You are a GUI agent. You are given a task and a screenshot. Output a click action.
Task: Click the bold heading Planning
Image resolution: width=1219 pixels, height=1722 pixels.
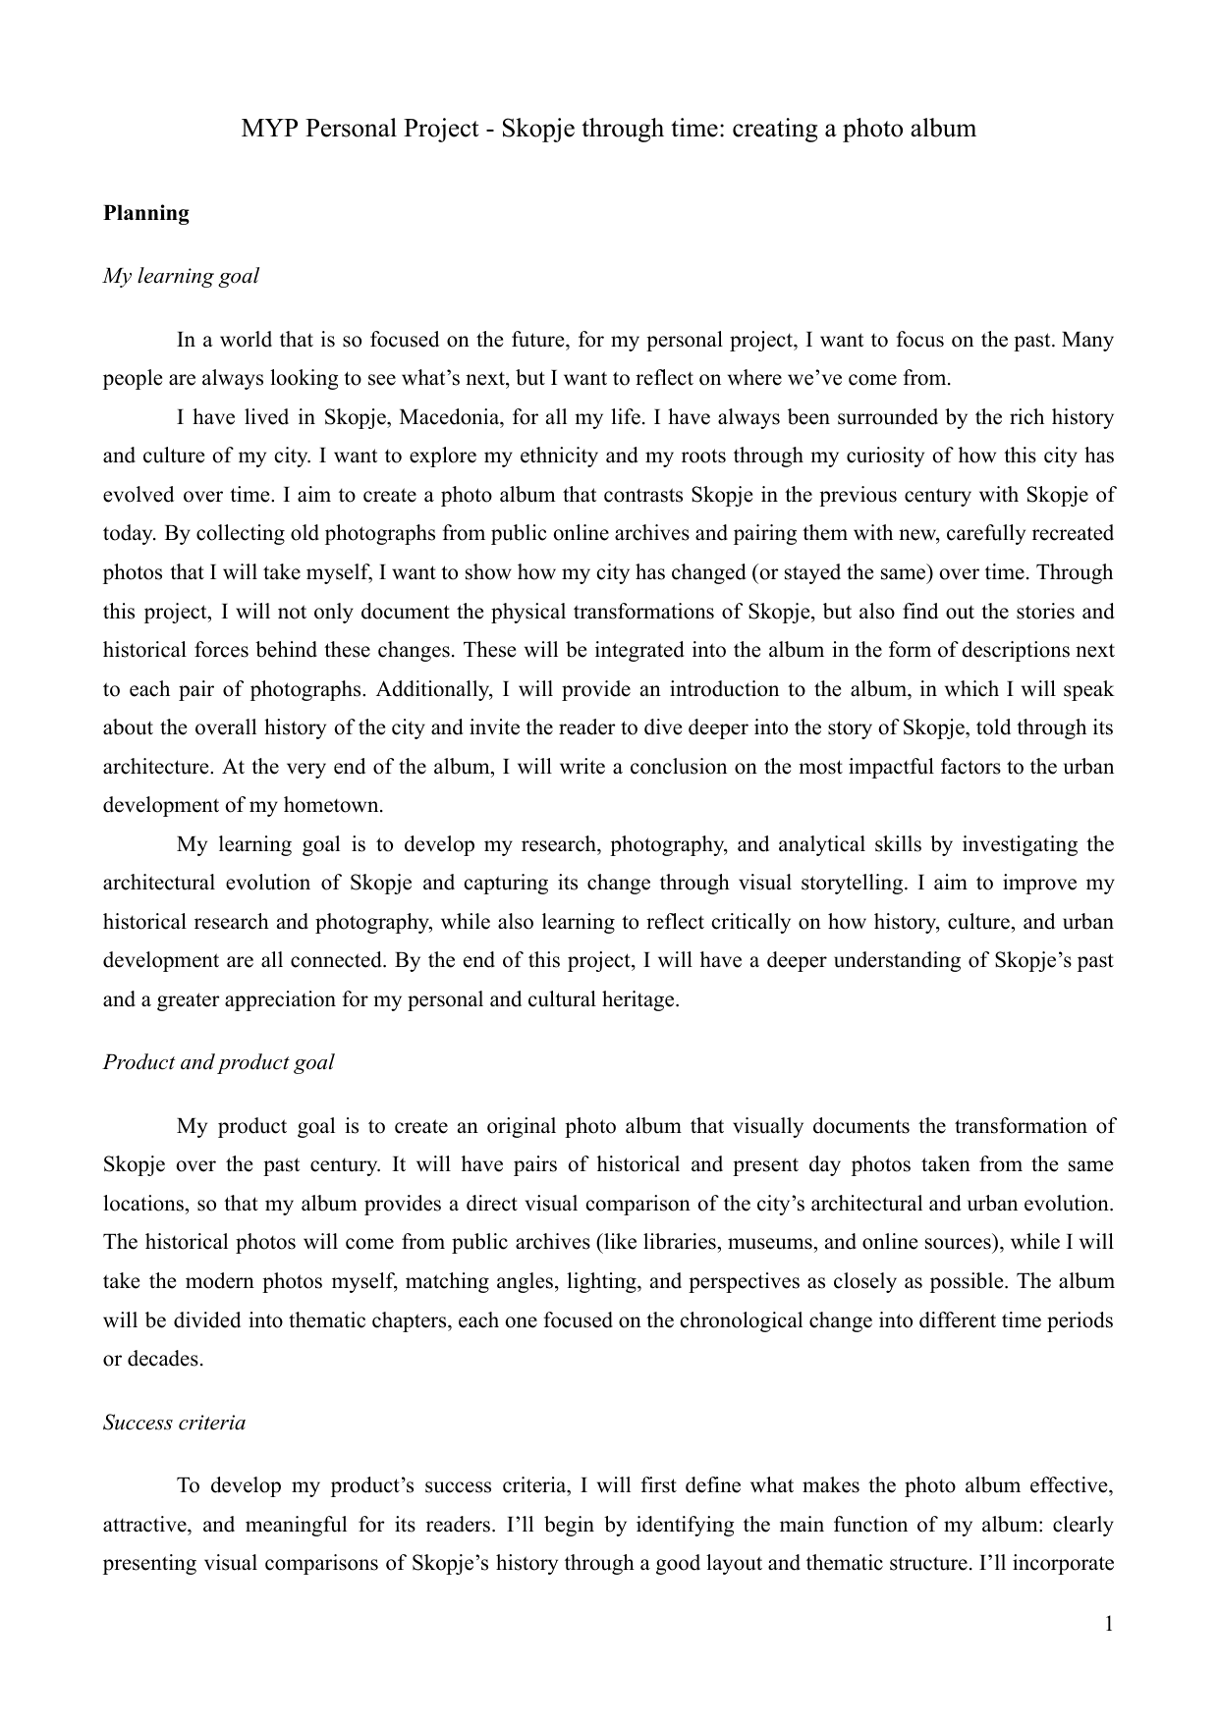click(x=146, y=213)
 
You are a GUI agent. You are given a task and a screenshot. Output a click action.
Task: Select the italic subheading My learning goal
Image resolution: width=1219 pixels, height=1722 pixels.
click(x=181, y=276)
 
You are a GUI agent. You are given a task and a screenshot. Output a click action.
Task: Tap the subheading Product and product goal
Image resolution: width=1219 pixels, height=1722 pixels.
click(x=218, y=1062)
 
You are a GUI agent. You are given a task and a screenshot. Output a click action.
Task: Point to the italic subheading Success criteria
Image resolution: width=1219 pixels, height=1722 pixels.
click(x=174, y=1423)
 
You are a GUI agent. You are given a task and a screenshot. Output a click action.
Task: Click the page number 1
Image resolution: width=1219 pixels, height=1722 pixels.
click(x=1109, y=1624)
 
